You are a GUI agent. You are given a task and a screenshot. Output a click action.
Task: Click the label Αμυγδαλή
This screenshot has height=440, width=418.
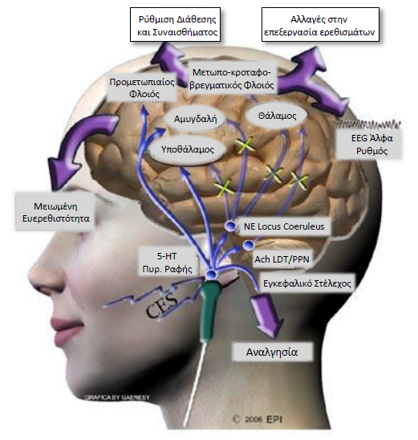point(195,119)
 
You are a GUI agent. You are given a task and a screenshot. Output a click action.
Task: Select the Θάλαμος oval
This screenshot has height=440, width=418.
point(277,116)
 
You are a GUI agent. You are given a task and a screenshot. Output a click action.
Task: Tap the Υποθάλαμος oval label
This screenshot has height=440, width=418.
point(188,149)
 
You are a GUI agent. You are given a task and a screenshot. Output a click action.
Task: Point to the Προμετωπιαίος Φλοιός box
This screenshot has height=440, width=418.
point(142,88)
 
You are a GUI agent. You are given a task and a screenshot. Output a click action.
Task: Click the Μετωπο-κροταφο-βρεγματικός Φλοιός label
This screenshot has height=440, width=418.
point(232,79)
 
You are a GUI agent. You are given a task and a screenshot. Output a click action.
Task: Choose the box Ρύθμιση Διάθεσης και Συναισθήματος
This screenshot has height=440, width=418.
point(176,25)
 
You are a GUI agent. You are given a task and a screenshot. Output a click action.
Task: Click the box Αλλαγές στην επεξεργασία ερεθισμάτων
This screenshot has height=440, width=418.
point(320,25)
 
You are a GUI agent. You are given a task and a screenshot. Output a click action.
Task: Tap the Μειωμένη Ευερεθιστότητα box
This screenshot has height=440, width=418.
point(55,212)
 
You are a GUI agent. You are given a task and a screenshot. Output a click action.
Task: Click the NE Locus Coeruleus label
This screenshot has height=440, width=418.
point(284,226)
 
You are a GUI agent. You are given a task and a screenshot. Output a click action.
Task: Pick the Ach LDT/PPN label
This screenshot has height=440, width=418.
point(281,259)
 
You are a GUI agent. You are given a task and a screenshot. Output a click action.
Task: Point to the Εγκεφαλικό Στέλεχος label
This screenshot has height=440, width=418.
point(306,283)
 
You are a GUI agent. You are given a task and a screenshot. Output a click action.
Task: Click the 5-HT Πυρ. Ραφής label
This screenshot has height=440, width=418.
point(167,263)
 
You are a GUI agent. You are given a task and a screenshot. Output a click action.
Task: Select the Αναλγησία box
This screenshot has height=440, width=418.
point(272,352)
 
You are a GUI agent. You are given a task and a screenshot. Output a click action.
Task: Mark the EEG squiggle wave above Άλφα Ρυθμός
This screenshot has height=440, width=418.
point(367,124)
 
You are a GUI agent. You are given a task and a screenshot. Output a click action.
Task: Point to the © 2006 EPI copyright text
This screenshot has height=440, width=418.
point(258,419)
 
